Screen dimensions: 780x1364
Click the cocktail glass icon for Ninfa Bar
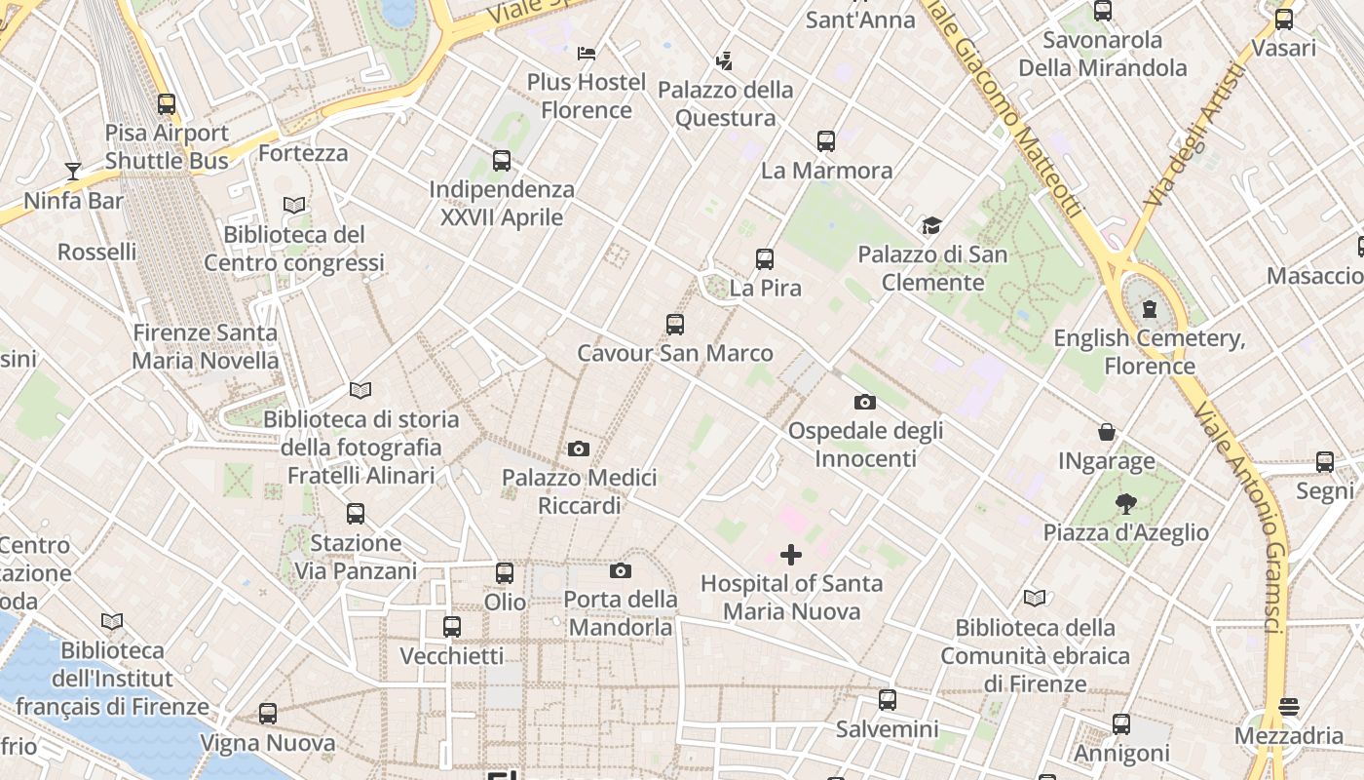coord(73,172)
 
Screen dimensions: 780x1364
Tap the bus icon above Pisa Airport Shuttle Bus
coord(167,103)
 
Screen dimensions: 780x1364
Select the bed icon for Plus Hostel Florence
coord(587,53)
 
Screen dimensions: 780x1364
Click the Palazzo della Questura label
coord(725,103)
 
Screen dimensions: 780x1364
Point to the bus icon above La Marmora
coord(826,141)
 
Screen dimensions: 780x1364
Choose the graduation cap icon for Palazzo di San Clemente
coord(931,226)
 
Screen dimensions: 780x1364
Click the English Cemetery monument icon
coord(1150,309)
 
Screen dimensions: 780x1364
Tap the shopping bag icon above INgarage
coord(1107,432)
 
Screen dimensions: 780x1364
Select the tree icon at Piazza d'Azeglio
coord(1126,504)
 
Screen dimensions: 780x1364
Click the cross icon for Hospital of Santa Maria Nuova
coord(791,555)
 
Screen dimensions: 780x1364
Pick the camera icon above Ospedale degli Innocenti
coord(864,402)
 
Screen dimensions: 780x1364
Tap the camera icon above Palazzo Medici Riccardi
coord(579,448)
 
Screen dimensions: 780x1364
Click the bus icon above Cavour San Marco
coord(674,325)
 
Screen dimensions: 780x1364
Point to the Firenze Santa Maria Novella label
coord(205,346)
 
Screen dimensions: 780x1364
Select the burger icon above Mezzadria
coord(1289,706)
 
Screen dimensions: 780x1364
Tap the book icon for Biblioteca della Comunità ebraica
coord(1035,598)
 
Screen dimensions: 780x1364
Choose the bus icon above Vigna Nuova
coord(268,714)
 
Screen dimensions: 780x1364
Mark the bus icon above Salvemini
coord(887,699)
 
